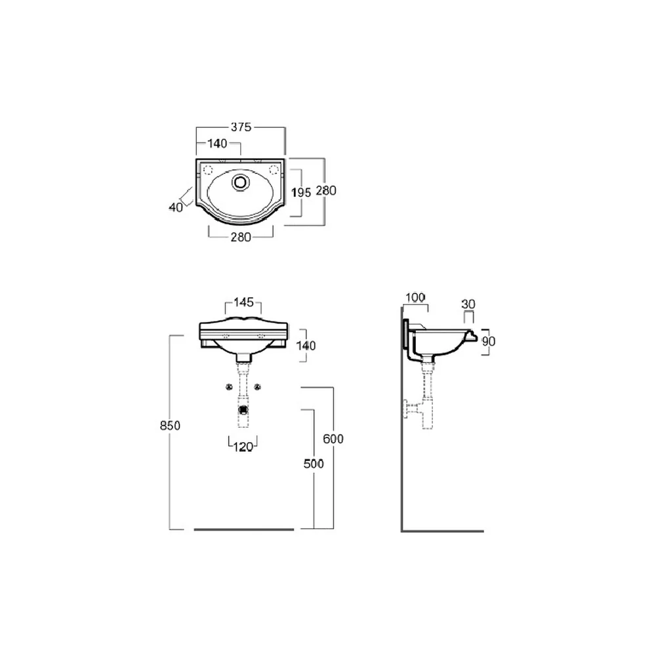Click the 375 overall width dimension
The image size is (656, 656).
(x=241, y=127)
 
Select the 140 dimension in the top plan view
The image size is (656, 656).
(x=218, y=144)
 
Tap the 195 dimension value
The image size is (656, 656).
(x=301, y=192)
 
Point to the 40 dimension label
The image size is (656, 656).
(x=176, y=207)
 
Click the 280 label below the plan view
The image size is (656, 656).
(x=241, y=237)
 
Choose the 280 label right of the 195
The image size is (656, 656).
(x=326, y=191)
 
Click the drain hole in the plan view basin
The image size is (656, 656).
(x=240, y=182)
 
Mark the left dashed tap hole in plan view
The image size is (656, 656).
(x=208, y=169)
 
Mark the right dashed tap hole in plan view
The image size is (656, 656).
(x=274, y=169)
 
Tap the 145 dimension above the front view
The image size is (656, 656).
(x=243, y=302)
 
